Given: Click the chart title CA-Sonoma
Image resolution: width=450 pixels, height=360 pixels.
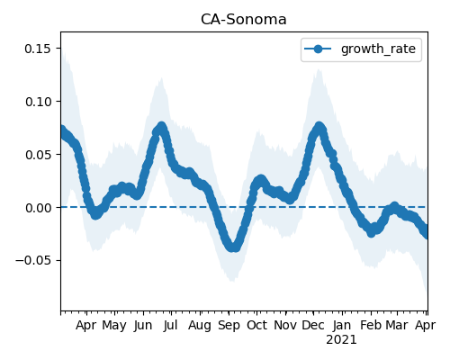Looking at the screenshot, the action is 244,20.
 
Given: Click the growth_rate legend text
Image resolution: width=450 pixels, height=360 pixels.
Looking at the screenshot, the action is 378,49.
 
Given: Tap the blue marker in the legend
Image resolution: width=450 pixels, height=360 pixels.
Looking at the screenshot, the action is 318,49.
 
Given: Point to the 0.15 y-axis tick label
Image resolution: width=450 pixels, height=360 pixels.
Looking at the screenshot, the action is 38,49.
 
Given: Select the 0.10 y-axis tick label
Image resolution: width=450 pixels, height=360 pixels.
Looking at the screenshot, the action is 38,102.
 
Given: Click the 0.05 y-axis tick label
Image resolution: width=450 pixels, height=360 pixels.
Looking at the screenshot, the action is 38,155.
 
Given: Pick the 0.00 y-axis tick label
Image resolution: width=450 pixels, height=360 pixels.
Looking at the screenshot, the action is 38,208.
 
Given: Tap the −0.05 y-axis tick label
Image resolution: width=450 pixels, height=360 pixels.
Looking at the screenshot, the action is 33,260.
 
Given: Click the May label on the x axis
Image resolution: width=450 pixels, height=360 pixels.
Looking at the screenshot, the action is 114,326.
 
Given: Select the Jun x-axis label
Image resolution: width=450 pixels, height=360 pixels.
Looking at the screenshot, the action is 143,326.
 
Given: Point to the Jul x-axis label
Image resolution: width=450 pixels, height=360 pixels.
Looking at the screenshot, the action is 171,326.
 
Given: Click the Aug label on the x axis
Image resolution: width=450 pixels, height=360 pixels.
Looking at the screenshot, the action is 200,326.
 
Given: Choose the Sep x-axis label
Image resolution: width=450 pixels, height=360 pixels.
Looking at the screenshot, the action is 229,326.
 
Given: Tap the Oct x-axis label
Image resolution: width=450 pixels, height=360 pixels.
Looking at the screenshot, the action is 256,325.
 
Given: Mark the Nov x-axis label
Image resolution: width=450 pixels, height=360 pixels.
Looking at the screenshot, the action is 285,325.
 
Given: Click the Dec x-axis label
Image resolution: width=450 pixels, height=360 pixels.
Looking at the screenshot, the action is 313,325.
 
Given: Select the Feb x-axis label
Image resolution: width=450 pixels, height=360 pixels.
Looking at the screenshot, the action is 371,325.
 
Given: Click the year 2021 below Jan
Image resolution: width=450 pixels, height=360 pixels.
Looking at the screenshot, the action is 341,340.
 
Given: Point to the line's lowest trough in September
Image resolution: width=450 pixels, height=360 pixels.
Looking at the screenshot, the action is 233,247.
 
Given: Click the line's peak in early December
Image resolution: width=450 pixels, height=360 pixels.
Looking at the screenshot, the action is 319,127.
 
